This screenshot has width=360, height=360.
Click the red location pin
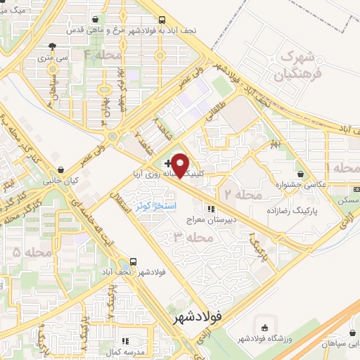click(x=181, y=165)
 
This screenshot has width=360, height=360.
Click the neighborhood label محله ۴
click(x=103, y=53)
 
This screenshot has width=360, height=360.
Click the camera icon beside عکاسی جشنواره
click(x=301, y=174)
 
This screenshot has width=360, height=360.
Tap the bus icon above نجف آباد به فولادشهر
click(x=162, y=20)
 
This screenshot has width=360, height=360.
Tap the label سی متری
click(x=53, y=60)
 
